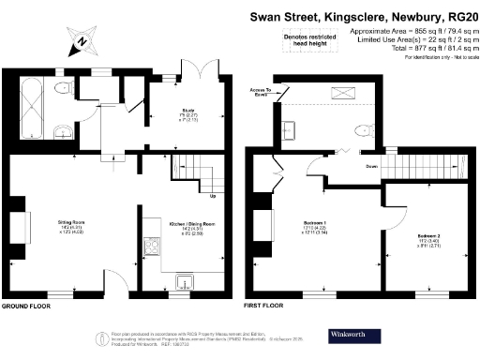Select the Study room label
click(187, 110)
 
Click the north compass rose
click(82, 40)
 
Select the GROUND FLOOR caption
click(25, 307)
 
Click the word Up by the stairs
click(213, 196)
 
